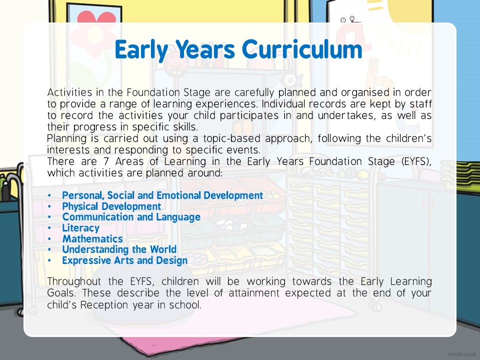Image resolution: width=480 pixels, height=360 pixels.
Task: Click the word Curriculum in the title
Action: (302, 49)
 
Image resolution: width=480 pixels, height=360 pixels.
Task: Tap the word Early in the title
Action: (141, 50)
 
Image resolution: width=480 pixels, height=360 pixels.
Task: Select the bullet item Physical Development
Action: (111, 206)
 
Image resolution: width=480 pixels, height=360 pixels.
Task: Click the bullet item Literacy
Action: (81, 228)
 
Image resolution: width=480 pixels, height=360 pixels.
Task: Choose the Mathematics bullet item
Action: (92, 239)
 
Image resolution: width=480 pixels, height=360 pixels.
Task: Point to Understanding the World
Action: (119, 249)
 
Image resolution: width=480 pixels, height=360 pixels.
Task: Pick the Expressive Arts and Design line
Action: (125, 260)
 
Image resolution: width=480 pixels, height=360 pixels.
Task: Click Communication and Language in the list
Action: (131, 217)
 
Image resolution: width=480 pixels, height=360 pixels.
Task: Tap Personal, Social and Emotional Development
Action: (162, 195)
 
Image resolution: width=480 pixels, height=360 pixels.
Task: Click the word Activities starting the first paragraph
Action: (70, 92)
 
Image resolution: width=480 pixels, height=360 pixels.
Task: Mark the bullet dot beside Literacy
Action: (49, 228)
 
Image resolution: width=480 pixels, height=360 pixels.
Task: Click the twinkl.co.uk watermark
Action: (461, 354)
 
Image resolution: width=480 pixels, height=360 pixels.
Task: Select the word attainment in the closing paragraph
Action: (254, 293)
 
